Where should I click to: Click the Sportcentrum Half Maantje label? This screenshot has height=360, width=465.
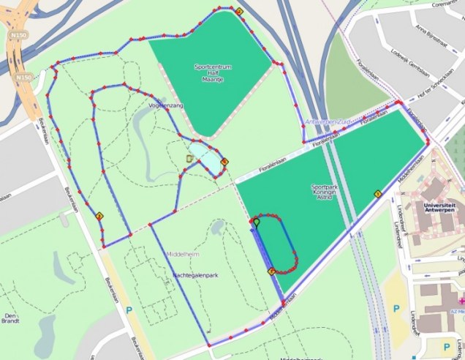[x=213, y=72]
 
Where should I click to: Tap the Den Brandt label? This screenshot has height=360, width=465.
[x=10, y=316]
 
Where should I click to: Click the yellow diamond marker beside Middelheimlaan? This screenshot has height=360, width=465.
[x=378, y=194]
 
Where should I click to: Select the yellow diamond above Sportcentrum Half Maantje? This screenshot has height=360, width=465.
[x=239, y=12]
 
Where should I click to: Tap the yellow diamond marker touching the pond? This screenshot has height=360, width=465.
[x=224, y=162]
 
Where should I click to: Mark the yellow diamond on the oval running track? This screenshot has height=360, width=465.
[x=272, y=271]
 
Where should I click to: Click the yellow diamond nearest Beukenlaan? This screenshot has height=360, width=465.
[x=99, y=216]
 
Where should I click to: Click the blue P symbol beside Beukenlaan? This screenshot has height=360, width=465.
[x=129, y=310]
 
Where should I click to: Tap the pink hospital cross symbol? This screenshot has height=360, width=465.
[x=461, y=301]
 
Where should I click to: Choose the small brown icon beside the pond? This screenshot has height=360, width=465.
[x=190, y=158]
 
